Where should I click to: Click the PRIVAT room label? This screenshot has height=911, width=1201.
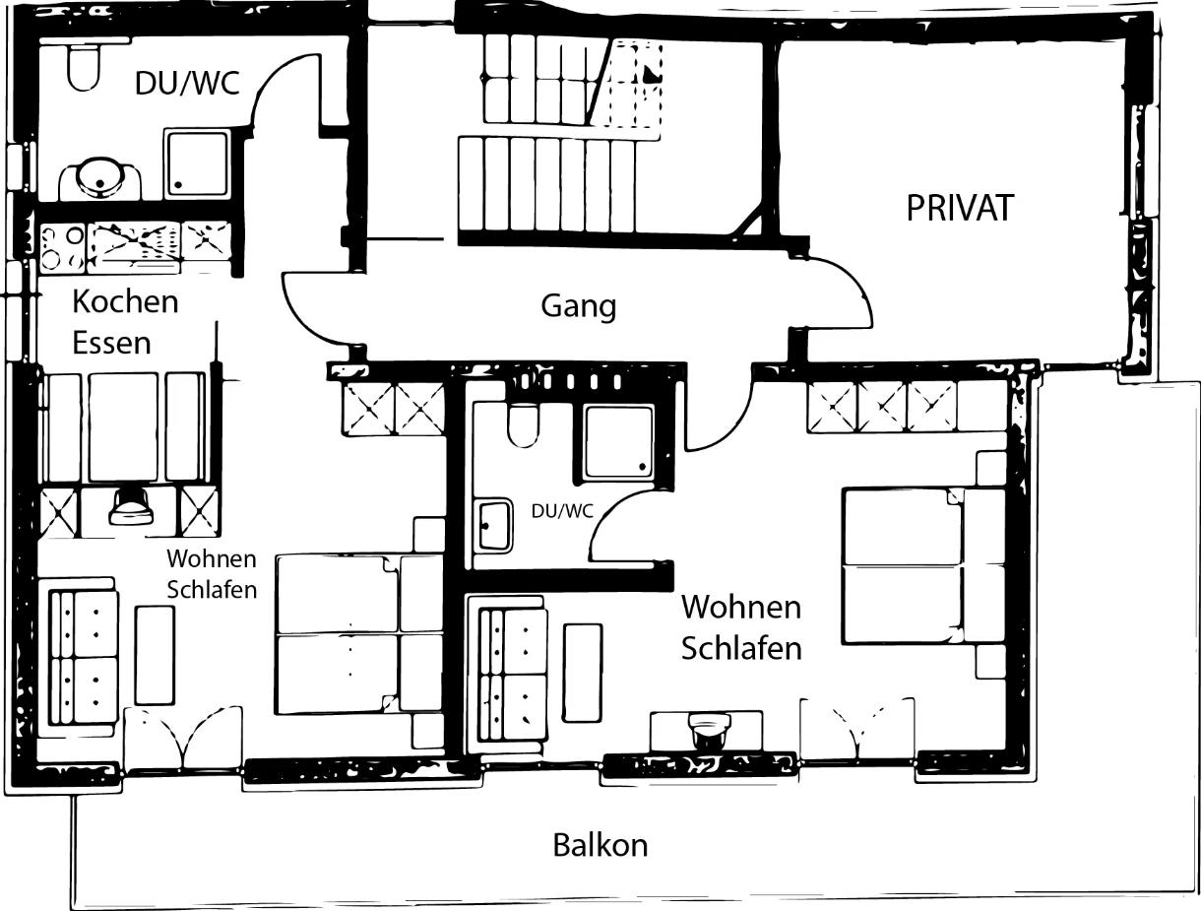960,208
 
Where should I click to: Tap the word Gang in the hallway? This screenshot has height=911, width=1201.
578,306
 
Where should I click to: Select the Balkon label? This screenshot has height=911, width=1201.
600,845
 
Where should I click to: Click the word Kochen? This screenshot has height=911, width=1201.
125,301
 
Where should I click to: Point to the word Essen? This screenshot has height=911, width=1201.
111,343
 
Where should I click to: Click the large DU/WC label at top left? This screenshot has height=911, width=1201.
187,84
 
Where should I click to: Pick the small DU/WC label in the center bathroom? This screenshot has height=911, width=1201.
562,511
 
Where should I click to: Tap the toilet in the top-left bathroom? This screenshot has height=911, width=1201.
83,67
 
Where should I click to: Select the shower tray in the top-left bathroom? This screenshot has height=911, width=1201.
197,163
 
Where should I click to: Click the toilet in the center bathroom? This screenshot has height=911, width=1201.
524,425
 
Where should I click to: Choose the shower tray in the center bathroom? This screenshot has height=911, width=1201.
619,441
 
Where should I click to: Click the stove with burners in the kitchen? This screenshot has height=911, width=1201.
62,248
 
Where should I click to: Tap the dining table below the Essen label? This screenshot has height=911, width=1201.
123,426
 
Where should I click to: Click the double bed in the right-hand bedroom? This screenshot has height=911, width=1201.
924,565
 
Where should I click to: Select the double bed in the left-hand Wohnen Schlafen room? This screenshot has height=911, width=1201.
359,634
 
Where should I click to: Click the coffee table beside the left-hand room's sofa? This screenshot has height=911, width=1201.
155,655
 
